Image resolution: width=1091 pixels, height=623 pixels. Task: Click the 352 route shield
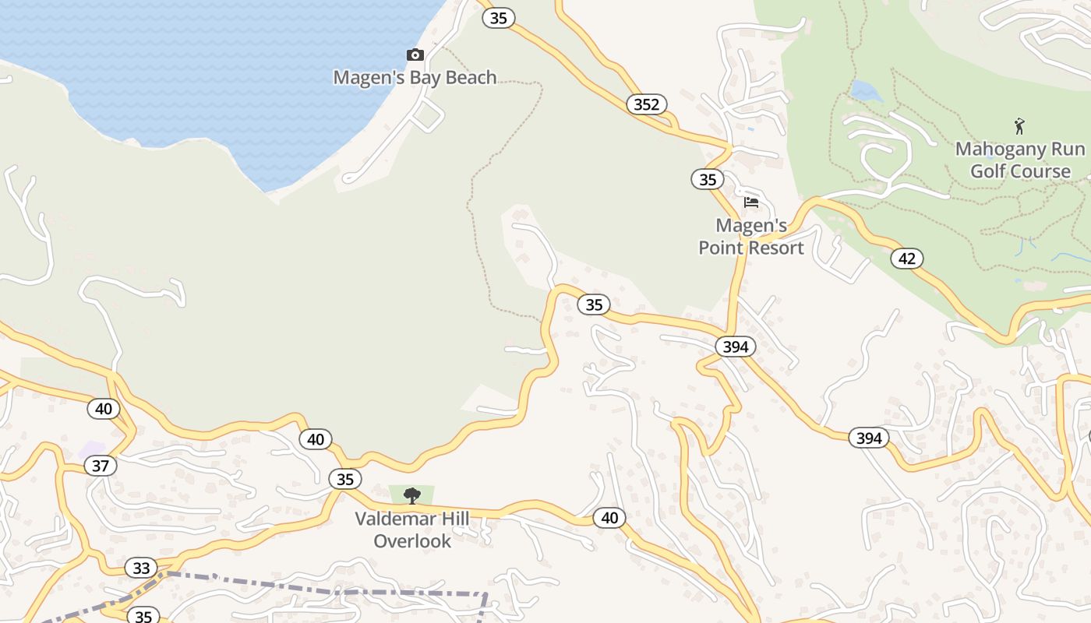tap(647, 104)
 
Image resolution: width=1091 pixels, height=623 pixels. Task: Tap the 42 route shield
tap(907, 259)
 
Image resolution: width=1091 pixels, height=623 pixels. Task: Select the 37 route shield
tap(101, 466)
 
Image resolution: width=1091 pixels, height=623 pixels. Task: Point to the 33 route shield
tap(141, 568)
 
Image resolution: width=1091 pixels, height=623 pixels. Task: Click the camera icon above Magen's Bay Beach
tap(415, 55)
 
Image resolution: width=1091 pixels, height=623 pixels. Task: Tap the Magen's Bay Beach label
tap(415, 78)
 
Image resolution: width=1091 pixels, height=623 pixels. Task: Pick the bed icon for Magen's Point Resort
tap(751, 202)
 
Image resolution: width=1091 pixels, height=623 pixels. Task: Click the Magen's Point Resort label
tap(751, 237)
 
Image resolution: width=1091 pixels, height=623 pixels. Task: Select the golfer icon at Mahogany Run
tap(1019, 125)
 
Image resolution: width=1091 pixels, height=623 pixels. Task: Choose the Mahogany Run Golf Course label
tap(1020, 160)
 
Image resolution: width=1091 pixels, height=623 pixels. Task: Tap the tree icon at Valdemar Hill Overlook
tap(412, 495)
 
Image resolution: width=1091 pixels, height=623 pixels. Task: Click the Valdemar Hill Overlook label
tap(412, 530)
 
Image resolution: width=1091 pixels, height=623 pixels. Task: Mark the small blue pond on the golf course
tap(866, 91)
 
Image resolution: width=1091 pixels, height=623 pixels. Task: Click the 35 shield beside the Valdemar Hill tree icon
tap(344, 479)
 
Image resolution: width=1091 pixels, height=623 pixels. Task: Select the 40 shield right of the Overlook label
tap(609, 517)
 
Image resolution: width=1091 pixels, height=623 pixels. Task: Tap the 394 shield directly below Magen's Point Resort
tap(736, 347)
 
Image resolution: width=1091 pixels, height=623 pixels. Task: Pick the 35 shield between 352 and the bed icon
tap(707, 180)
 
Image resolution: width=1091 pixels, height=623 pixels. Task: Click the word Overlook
tap(412, 540)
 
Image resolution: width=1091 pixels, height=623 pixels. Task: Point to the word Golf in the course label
tap(987, 171)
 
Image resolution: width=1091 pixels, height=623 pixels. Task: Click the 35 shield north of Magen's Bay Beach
tap(499, 17)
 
